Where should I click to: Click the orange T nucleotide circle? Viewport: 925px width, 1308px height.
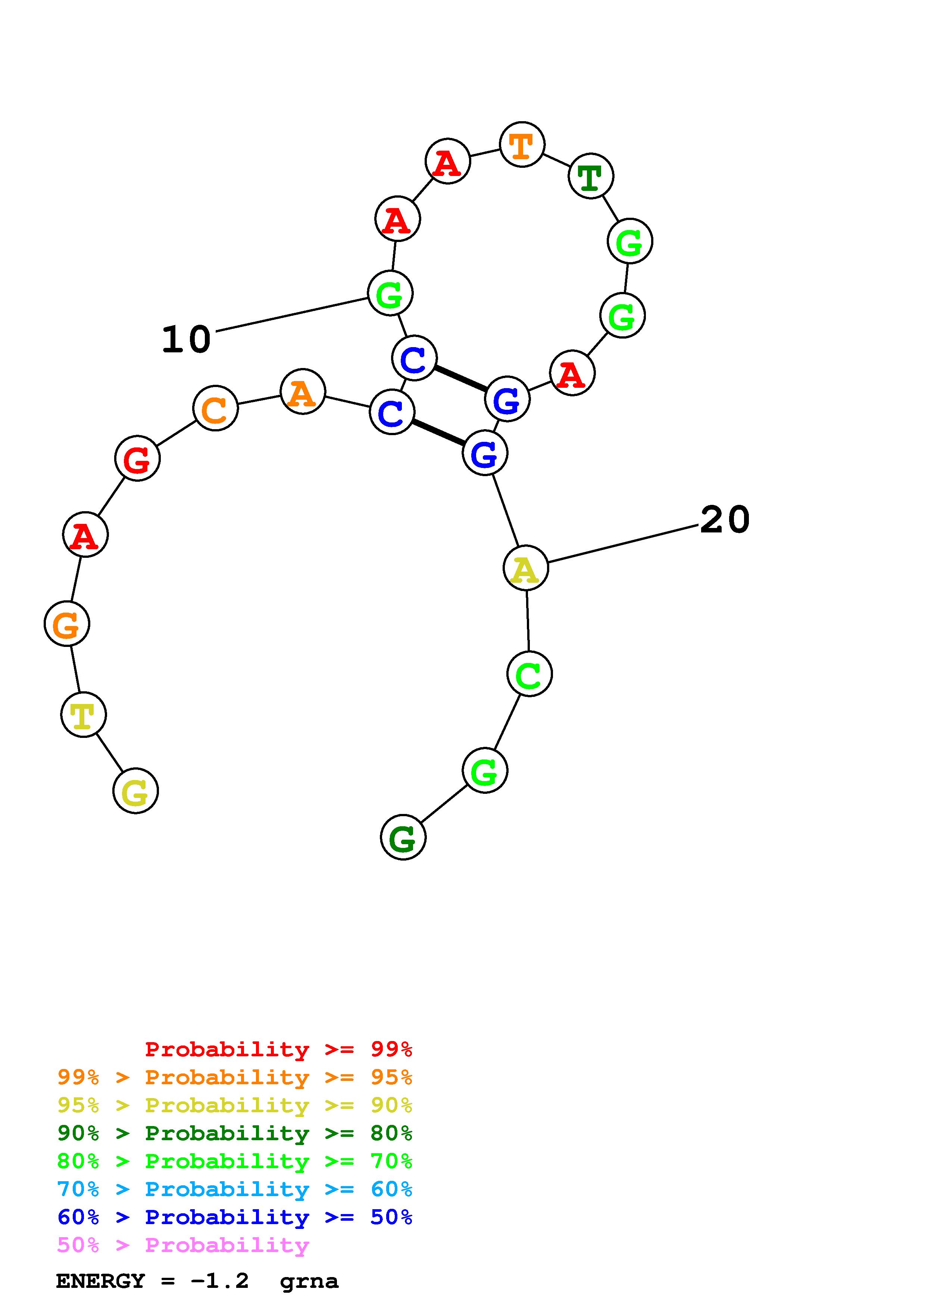[x=522, y=144]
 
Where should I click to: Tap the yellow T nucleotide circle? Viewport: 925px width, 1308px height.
[x=83, y=714]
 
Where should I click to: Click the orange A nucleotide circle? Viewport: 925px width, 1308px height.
[x=303, y=392]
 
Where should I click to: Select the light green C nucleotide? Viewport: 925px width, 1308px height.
[x=529, y=674]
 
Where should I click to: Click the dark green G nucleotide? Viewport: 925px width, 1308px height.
[x=403, y=837]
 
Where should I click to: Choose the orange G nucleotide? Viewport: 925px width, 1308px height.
[x=67, y=625]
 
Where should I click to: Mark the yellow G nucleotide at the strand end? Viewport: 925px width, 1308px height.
[x=136, y=791]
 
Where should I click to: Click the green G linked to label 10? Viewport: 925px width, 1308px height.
[x=390, y=293]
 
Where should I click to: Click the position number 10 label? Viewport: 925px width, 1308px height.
[x=186, y=340]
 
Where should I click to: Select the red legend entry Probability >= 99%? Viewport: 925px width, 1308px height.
[x=278, y=1049]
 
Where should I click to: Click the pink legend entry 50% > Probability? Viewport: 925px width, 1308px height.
[x=183, y=1245]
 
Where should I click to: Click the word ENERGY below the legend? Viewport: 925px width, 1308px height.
[x=100, y=1281]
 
